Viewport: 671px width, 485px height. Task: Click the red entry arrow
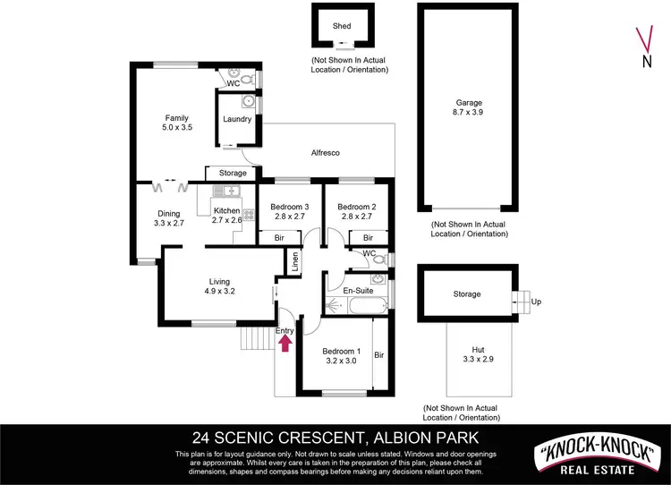[x=285, y=345]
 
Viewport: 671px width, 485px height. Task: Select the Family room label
[x=175, y=123]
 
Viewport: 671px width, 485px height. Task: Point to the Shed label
[x=342, y=27]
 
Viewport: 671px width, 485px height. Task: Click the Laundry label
[x=237, y=119]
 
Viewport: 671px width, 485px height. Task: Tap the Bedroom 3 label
[x=288, y=212]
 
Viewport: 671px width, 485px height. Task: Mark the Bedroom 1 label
[x=341, y=356]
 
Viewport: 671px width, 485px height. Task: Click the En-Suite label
[x=358, y=291]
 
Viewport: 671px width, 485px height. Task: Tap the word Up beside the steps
[x=536, y=302]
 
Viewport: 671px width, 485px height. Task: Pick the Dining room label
[x=169, y=218]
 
